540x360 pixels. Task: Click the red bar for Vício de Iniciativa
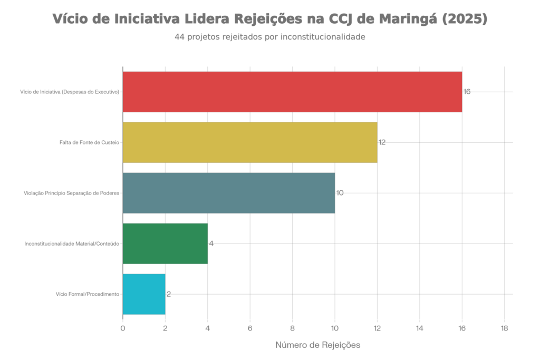[x=292, y=92]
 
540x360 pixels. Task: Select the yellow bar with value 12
[x=250, y=142]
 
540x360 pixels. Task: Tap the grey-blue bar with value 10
[x=229, y=193]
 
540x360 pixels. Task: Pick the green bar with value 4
[x=165, y=244]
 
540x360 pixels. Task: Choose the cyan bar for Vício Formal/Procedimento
[x=144, y=294]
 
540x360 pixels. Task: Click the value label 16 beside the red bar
[x=467, y=92]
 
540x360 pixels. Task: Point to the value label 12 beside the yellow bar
[x=382, y=142]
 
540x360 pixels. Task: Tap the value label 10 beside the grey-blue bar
[x=340, y=193]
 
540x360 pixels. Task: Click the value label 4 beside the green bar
[x=211, y=244]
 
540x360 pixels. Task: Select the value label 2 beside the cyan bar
[x=168, y=294]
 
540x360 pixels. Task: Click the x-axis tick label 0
[x=123, y=328]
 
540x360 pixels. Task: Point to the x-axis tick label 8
[x=292, y=328]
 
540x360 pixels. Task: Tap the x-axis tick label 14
[x=420, y=328]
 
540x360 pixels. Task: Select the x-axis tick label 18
[x=504, y=328]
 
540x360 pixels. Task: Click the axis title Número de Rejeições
[x=318, y=345]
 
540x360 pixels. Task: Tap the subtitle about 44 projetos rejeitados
[x=270, y=37]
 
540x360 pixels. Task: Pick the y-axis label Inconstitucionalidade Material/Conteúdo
[x=73, y=244]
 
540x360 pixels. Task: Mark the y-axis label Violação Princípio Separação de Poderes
[x=72, y=193]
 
